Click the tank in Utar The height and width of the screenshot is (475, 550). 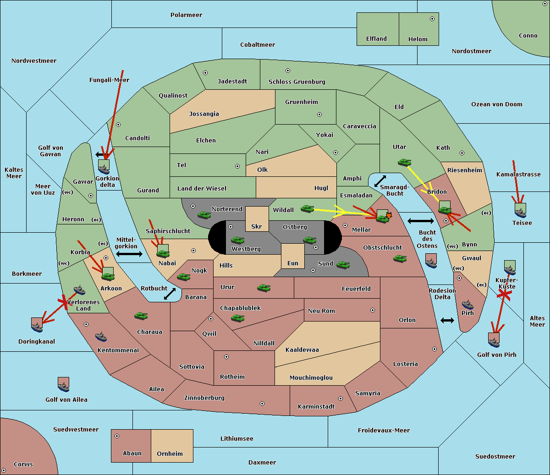click(404, 162)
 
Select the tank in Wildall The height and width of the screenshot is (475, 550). click(308, 209)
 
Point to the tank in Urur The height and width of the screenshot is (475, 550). click(264, 288)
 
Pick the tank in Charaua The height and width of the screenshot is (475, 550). click(141, 316)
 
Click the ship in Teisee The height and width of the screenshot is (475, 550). click(521, 213)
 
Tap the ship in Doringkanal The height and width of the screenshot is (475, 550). click(37, 327)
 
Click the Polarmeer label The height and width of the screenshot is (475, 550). click(186, 15)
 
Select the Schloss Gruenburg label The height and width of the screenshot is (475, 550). click(297, 82)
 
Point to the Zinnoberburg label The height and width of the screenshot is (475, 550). click(204, 398)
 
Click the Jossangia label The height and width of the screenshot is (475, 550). click(204, 114)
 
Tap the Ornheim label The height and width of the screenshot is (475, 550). click(170, 453)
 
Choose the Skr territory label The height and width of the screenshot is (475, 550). click(257, 226)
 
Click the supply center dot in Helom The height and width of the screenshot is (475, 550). click(432, 19)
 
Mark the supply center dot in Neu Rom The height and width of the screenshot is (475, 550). click(373, 310)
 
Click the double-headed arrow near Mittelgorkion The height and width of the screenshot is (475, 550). click(129, 254)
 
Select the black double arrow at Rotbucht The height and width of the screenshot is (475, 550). click(170, 294)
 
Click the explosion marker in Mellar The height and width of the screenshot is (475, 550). click(389, 215)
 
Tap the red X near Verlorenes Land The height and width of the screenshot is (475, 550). click(64, 302)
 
